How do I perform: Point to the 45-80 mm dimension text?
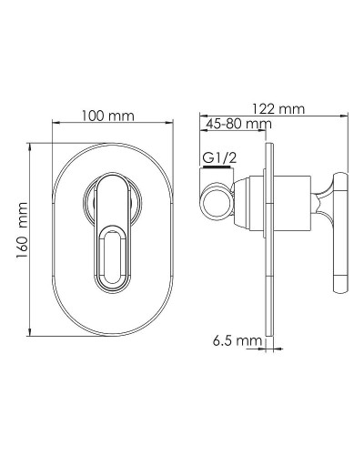click(x=238, y=124)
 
